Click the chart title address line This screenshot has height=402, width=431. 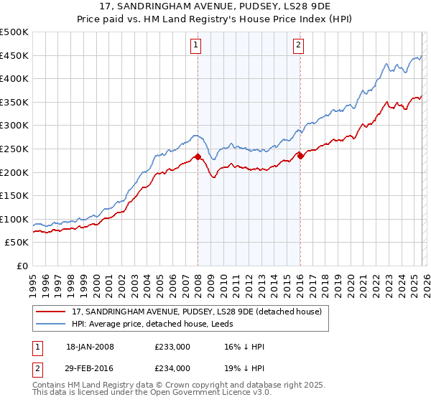(x=215, y=6)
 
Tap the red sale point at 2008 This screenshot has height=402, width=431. (x=198, y=156)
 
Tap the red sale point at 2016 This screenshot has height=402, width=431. (x=300, y=155)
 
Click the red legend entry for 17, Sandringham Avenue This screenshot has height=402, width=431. (x=200, y=311)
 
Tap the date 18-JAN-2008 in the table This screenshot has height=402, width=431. (x=90, y=347)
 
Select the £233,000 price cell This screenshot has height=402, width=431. (x=172, y=347)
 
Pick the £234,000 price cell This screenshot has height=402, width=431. (x=172, y=368)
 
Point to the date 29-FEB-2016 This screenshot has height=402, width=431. (x=90, y=368)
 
